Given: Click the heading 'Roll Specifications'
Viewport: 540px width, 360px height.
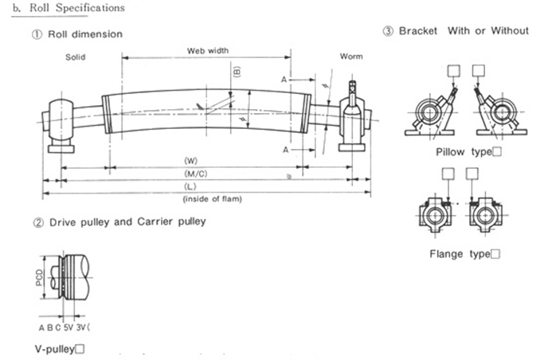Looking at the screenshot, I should coord(76,8).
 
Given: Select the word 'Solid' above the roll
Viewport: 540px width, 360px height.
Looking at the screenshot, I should coord(76,57).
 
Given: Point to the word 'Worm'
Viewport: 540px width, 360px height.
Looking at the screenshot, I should coord(350,57).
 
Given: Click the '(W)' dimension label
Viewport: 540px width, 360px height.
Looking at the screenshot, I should coord(191,161).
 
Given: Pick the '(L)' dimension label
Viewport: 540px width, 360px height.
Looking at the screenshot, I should coord(191,186).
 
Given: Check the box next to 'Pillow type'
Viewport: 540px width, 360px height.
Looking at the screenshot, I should coord(497,151).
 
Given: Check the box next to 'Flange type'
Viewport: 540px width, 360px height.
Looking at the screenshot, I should coord(495,254).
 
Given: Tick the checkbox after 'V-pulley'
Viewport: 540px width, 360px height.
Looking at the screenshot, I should coord(80,348).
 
